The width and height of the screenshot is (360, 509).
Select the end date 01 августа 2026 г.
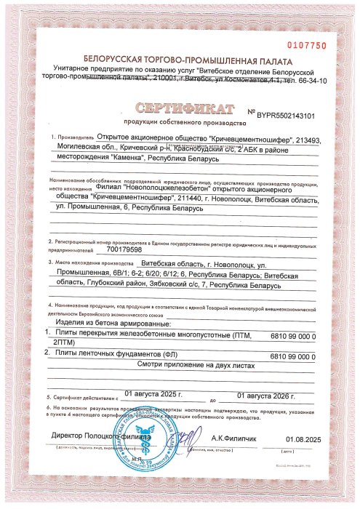point(265,393)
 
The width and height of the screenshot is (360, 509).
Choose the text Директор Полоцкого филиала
point(92,436)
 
